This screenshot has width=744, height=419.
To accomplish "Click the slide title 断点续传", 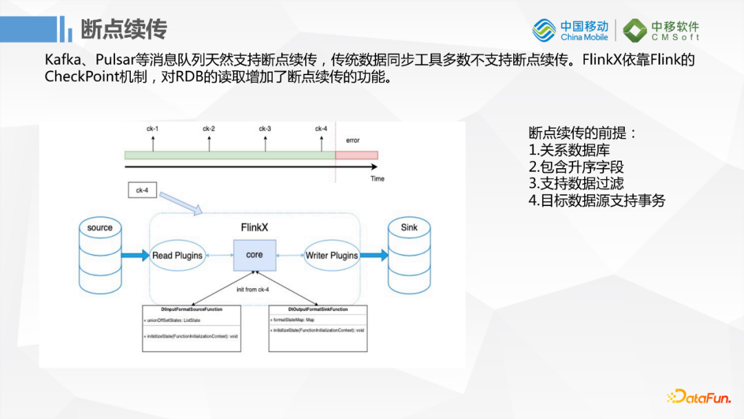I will pyautogui.click(x=124, y=30).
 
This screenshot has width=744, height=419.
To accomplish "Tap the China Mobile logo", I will pyautogui.click(x=570, y=30).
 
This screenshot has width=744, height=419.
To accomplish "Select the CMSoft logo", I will pyautogui.click(x=662, y=30).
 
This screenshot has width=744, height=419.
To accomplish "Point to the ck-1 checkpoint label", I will pyautogui.click(x=152, y=129).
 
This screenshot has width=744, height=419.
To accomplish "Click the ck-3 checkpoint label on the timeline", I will pyautogui.click(x=265, y=129).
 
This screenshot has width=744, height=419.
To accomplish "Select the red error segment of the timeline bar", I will pyautogui.click(x=356, y=155).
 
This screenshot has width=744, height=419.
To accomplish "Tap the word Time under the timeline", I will pyautogui.click(x=377, y=178).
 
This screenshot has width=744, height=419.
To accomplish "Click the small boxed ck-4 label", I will pyautogui.click(x=142, y=190).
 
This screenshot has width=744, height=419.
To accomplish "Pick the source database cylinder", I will pyautogui.click(x=100, y=254).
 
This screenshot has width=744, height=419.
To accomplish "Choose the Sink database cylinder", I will pyautogui.click(x=409, y=254).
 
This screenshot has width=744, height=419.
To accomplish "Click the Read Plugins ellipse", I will pyautogui.click(x=178, y=255).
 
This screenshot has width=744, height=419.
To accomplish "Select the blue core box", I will pyautogui.click(x=254, y=255).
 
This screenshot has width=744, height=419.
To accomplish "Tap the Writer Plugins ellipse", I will pyautogui.click(x=331, y=255).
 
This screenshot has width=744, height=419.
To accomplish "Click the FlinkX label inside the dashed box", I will pyautogui.click(x=255, y=227).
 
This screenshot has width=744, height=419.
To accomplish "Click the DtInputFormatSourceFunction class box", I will pyautogui.click(x=192, y=328).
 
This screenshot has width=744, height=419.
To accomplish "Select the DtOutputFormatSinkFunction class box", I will pyautogui.click(x=317, y=328).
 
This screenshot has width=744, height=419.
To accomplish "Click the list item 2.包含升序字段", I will pyautogui.click(x=576, y=167).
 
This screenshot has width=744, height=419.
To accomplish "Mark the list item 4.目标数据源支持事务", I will pyautogui.click(x=597, y=201).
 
